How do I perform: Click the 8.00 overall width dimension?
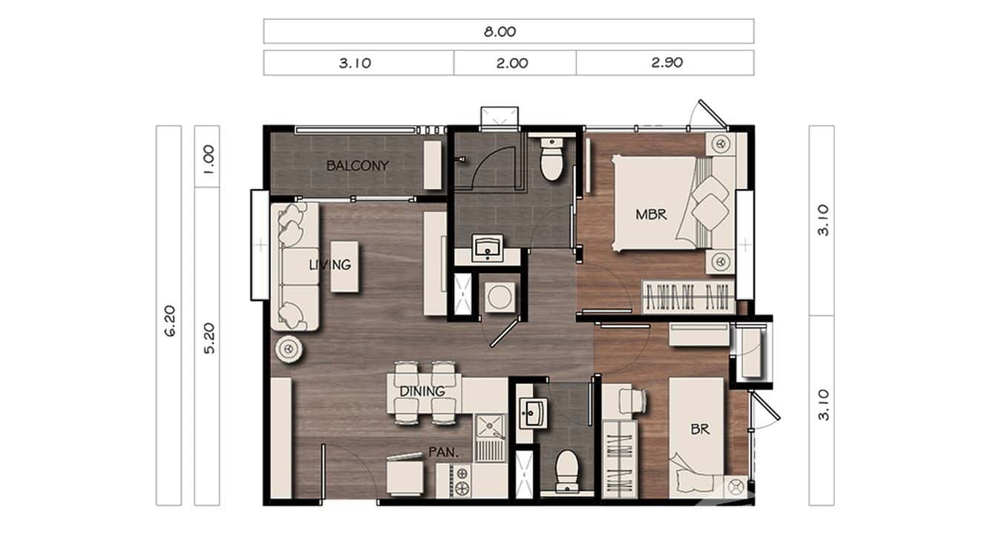pyautogui.click(x=508, y=32)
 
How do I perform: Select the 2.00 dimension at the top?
pyautogui.click(x=514, y=63)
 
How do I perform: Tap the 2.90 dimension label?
pyautogui.click(x=666, y=63)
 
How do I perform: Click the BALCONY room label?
pyautogui.click(x=357, y=166)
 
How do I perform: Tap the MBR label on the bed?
pyautogui.click(x=651, y=215)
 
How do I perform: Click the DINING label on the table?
pyautogui.click(x=422, y=391)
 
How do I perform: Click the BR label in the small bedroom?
pyautogui.click(x=699, y=429)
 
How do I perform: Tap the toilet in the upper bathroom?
pyautogui.click(x=551, y=161)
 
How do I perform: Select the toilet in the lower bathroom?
pyautogui.click(x=568, y=470)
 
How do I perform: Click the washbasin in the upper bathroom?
pyautogui.click(x=488, y=248)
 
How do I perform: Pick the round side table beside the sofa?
pyautogui.click(x=288, y=348)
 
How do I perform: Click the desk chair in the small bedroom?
pyautogui.click(x=635, y=401)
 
